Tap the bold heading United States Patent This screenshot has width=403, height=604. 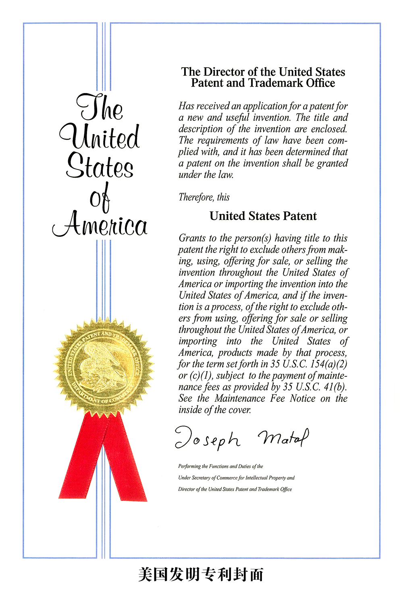coord(263,216)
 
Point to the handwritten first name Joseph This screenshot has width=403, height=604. coord(208,438)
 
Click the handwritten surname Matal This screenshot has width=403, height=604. coord(283,437)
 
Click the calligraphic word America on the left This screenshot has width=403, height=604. coord(100,224)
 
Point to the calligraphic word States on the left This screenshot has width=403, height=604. coord(100,166)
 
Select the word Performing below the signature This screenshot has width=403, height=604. coord(189,466)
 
